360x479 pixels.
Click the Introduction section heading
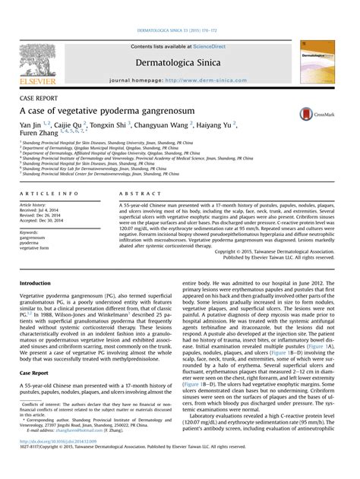(39, 282)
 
